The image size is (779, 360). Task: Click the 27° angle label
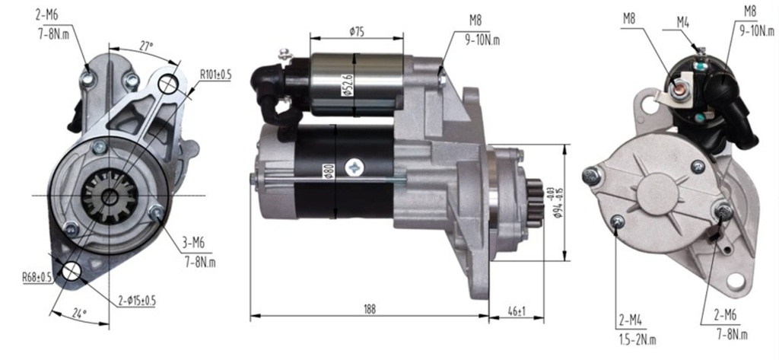pyautogui.click(x=145, y=46)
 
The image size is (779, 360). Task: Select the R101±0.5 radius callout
pyautogui.click(x=215, y=75)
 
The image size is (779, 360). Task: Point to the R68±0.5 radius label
pyautogui.click(x=37, y=278)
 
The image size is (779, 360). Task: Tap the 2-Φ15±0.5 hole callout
pyautogui.click(x=138, y=301)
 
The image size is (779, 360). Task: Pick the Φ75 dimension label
pyautogui.click(x=357, y=32)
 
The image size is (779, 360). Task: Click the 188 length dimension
pyautogui.click(x=369, y=309)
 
